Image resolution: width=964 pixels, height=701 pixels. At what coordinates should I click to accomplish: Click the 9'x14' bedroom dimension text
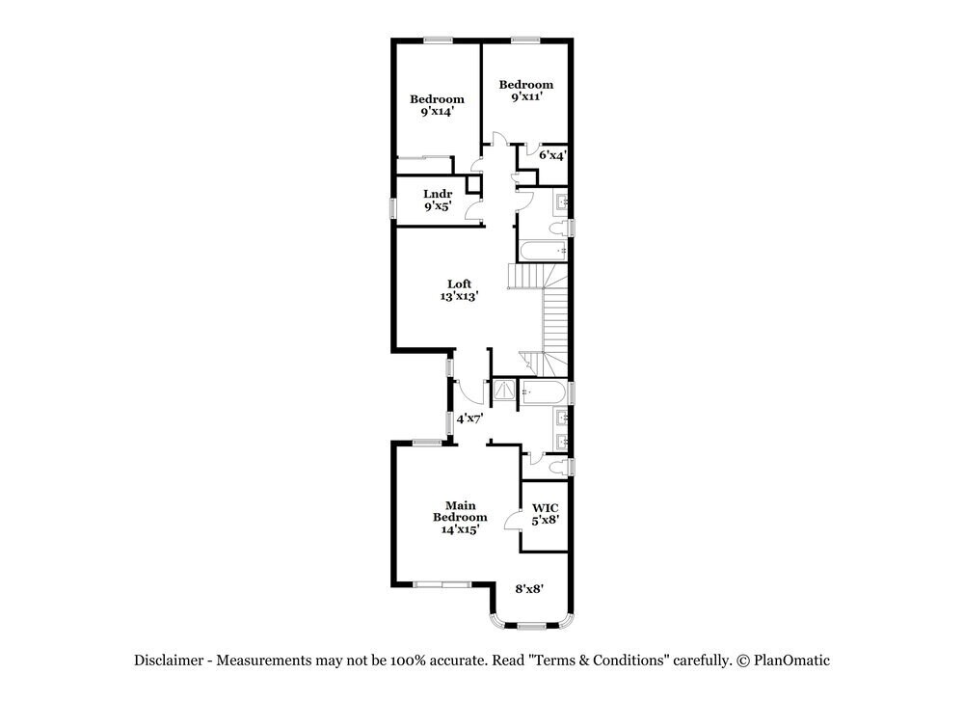click(437, 112)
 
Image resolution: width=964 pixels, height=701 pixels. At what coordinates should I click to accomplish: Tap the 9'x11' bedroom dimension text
click(525, 97)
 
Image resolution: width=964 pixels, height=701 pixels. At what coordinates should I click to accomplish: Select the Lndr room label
click(438, 194)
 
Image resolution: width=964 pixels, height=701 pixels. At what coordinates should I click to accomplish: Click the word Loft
click(459, 283)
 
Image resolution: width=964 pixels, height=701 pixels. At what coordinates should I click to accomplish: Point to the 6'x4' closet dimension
click(551, 154)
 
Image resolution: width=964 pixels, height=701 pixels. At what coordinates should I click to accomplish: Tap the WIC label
click(545, 507)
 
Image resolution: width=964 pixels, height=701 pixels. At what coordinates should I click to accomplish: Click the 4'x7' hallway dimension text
click(469, 418)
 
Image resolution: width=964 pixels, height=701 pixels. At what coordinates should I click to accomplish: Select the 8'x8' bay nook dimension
click(529, 588)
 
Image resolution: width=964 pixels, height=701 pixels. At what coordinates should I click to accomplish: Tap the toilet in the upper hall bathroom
click(557, 228)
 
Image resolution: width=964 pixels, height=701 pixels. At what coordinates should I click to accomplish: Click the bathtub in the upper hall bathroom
click(542, 252)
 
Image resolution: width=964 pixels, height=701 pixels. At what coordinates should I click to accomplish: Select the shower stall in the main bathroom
click(504, 391)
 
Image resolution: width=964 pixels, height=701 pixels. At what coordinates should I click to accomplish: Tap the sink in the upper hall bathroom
click(562, 202)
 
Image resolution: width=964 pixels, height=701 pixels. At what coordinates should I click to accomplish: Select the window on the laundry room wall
click(392, 208)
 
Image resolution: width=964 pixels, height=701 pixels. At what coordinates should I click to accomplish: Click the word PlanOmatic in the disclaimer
click(790, 661)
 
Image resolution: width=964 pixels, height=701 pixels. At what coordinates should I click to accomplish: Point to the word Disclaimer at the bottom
click(169, 661)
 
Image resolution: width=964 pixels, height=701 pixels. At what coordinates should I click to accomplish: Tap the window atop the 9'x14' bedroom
click(439, 40)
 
